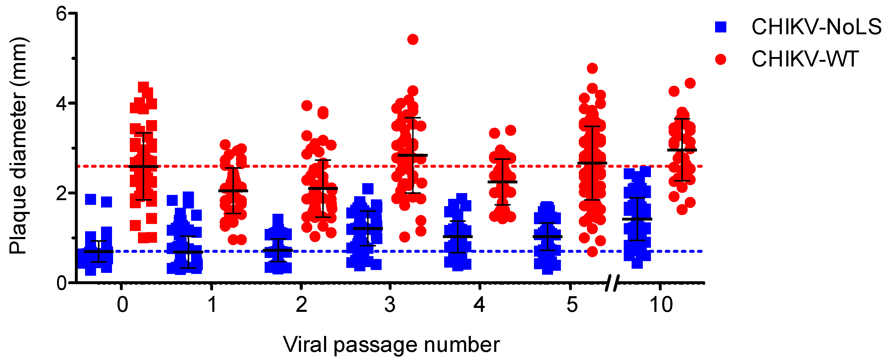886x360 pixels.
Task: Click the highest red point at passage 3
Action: pos(413,40)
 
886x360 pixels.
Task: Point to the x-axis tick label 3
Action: pos(390,305)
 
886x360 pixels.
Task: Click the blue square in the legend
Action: pos(720,27)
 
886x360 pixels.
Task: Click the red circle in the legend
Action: pos(720,59)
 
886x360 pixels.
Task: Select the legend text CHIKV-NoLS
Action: pos(816,27)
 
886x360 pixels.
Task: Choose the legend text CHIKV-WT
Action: pos(805,59)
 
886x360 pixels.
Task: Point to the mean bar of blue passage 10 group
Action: pos(637,219)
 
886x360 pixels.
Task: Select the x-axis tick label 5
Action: pos(572,305)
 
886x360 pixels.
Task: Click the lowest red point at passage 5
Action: pos(592,252)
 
